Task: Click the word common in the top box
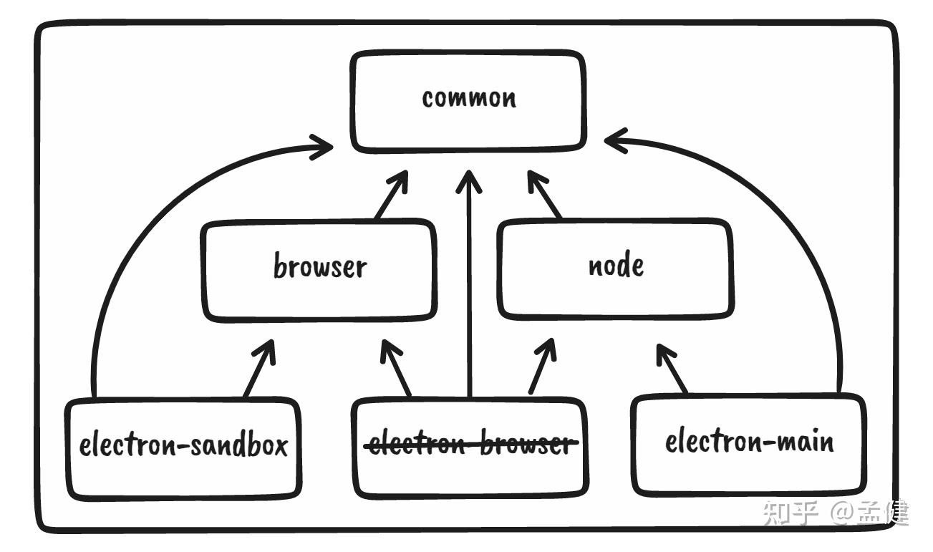468,98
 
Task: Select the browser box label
319,267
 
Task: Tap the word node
615,266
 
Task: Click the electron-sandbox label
183,445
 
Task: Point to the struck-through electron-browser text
470,445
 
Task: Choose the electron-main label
749,441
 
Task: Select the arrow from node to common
545,195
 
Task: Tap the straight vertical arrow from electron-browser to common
469,286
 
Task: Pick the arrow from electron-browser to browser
396,368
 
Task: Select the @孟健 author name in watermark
869,513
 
